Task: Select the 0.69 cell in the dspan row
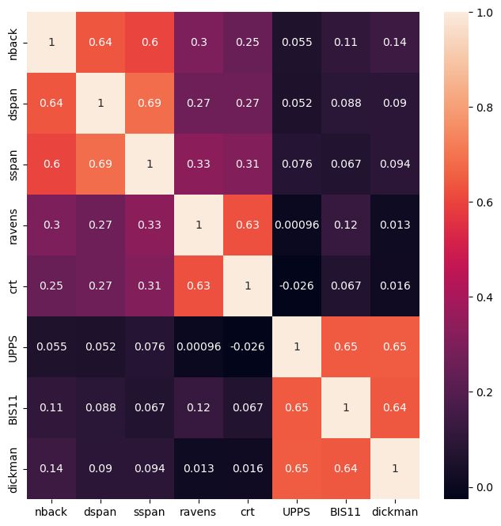tap(147, 104)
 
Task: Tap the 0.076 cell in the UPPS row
tap(147, 347)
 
